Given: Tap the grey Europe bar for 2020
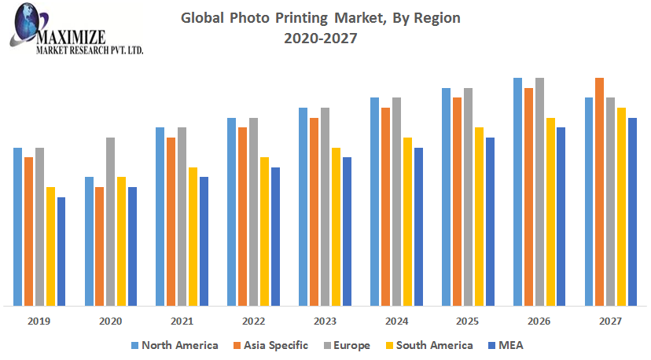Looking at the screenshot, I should pos(111,221).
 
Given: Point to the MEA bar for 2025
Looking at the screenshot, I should pos(490,221).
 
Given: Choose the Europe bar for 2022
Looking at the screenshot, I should pos(253,211).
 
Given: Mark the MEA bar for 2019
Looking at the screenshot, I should pos(61,251).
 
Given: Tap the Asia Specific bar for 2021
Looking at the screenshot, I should pos(171,221).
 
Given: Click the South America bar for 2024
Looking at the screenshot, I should pos(407,221).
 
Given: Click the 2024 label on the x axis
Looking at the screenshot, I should pos(396,321).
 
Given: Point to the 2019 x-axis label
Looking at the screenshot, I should pos(39,321).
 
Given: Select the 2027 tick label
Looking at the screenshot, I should pos(610,321).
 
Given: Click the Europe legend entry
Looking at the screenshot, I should pos(345,345).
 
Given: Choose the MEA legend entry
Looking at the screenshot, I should pos(507,345).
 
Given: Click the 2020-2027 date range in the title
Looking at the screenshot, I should pos(321,37).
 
